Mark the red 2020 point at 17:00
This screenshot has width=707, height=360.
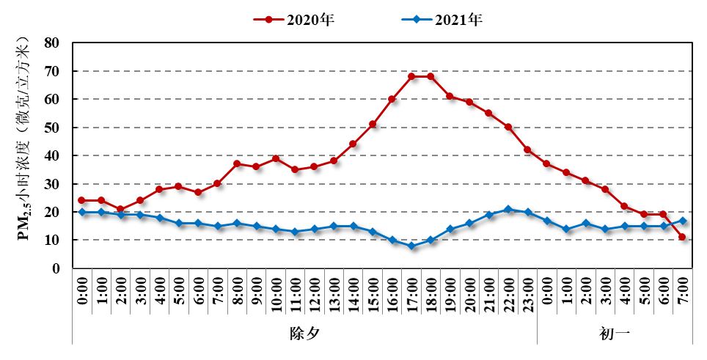[411, 76]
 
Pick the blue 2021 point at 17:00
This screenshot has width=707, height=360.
[411, 246]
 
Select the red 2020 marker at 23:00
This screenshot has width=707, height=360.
[527, 150]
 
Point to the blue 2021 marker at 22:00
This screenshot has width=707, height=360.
[508, 210]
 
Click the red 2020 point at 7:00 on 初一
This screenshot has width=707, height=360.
[683, 237]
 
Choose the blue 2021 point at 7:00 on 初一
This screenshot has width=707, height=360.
[683, 221]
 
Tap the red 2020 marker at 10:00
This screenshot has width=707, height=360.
[276, 158]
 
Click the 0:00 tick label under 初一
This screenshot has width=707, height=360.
[547, 293]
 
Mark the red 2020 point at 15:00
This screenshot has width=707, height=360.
[373, 125]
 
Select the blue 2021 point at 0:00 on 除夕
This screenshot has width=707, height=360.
[82, 212]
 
